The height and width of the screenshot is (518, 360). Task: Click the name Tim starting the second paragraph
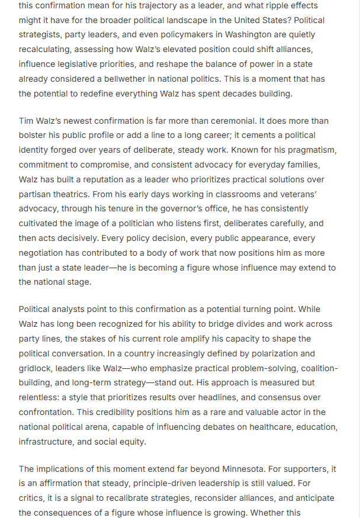(x=27, y=121)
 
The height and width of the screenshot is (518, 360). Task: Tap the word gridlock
(x=36, y=368)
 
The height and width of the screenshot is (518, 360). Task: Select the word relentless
(x=40, y=397)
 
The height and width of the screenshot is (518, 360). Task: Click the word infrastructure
(x=49, y=442)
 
